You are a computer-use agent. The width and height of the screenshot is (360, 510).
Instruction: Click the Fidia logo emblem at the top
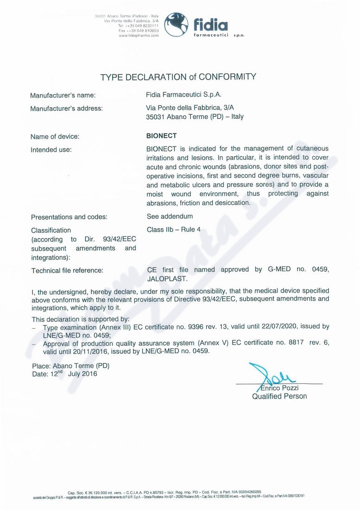point(177,25)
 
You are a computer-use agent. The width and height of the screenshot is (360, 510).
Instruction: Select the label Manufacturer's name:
point(63,96)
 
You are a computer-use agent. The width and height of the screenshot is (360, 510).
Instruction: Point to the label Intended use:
point(51,150)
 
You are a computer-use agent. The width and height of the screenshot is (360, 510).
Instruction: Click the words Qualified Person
point(279,396)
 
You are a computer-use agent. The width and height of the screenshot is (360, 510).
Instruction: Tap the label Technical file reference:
point(67,270)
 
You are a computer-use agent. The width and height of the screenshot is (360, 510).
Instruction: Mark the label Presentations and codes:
point(69,217)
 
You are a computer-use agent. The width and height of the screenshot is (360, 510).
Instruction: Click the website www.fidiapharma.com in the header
point(139,35)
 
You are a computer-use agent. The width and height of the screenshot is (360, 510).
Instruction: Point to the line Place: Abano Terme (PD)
point(70,365)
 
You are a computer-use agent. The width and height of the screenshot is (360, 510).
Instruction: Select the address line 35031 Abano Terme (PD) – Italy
point(195,116)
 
